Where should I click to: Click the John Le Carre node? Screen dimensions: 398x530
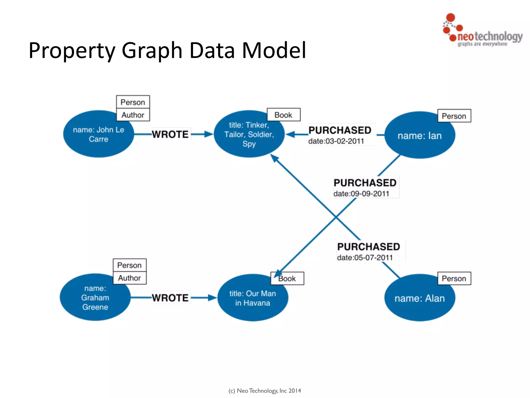point(98,134)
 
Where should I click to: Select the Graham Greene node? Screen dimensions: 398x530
point(95,297)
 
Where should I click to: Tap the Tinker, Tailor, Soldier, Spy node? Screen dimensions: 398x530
point(249,134)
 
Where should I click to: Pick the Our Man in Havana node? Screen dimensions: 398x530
point(253,298)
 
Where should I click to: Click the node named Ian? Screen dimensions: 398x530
point(419,136)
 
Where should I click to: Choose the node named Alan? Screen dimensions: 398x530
point(419,298)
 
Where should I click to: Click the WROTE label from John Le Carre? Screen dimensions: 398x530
point(170,134)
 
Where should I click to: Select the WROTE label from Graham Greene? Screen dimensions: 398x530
point(170,298)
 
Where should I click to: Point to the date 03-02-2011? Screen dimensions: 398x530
point(336,141)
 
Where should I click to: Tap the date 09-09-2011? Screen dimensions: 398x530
point(361,194)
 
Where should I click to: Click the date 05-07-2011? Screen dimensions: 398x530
point(365,258)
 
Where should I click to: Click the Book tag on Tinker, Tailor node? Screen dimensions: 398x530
point(283,115)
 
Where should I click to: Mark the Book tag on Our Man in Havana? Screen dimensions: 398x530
point(287,279)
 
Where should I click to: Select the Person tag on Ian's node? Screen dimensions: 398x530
point(454,116)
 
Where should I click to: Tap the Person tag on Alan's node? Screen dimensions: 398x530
point(454,279)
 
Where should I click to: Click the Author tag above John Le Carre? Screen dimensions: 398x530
point(133,115)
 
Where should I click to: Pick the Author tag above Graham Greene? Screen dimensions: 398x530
point(129,278)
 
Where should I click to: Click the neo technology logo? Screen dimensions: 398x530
point(482,31)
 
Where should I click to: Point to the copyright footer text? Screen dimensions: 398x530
point(265,390)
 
